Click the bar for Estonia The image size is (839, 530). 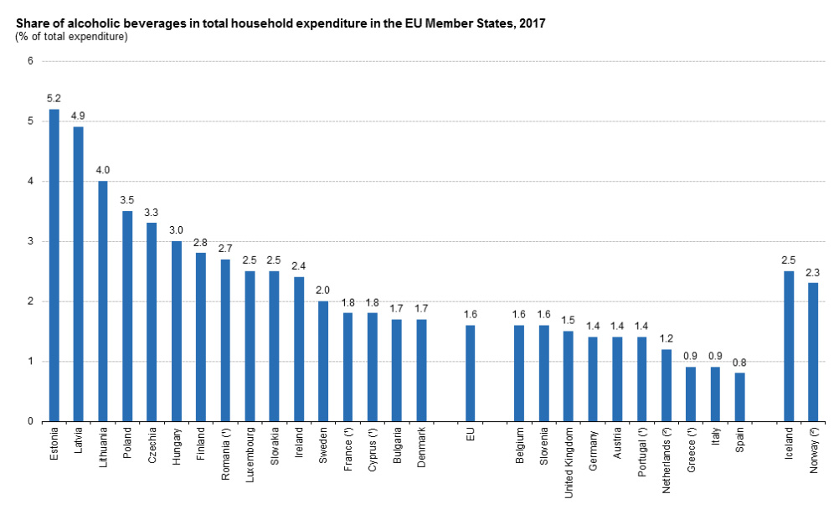(x=54, y=265)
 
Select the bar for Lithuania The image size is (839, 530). (x=103, y=301)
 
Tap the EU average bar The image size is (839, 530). (x=470, y=373)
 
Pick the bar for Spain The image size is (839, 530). (x=739, y=397)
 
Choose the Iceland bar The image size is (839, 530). (x=788, y=347)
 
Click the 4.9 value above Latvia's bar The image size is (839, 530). (x=79, y=115)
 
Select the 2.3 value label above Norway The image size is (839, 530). (x=812, y=271)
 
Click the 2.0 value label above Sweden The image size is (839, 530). (x=323, y=290)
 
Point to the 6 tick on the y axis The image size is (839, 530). (x=30, y=61)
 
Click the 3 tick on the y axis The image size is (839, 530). (x=30, y=241)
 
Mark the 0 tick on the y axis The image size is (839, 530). (x=30, y=421)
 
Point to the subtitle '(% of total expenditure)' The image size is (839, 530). (x=71, y=37)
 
